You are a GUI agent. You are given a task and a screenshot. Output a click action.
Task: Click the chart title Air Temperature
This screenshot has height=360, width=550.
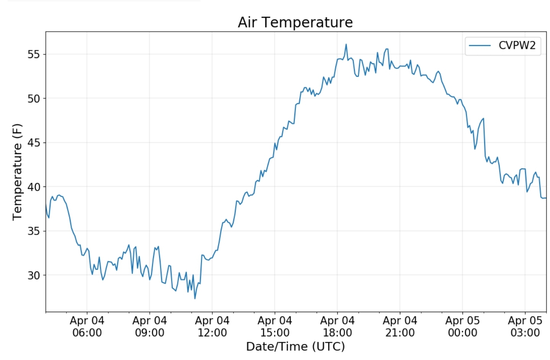click(x=295, y=22)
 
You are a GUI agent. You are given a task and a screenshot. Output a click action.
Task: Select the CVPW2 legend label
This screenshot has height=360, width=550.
click(x=517, y=45)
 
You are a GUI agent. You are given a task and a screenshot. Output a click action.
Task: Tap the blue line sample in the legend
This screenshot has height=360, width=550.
click(x=480, y=45)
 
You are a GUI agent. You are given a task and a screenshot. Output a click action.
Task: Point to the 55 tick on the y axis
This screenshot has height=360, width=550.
click(x=34, y=54)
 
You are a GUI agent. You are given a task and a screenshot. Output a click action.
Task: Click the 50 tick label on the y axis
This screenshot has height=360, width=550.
click(x=34, y=99)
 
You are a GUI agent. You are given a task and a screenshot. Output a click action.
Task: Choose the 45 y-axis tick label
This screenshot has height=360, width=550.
click(x=34, y=143)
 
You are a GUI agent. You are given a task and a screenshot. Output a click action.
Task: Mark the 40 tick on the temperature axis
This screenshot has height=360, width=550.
click(x=34, y=187)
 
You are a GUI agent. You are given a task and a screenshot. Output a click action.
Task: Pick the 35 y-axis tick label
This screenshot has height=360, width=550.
click(x=34, y=231)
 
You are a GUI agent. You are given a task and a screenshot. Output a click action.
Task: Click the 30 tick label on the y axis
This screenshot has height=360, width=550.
click(x=34, y=275)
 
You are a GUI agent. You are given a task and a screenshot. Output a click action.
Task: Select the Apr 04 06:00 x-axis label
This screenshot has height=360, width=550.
click(x=87, y=326)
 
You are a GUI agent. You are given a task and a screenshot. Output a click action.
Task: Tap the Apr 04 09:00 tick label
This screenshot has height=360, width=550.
click(x=150, y=326)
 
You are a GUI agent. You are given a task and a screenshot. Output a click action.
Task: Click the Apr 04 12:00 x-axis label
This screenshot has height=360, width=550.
click(x=212, y=326)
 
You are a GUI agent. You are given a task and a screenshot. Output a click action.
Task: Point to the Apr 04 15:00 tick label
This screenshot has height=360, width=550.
click(x=275, y=326)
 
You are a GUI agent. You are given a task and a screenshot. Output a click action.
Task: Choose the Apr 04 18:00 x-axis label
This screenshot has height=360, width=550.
click(x=337, y=326)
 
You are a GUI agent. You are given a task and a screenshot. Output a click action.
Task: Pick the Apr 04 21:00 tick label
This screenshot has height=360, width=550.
click(x=400, y=326)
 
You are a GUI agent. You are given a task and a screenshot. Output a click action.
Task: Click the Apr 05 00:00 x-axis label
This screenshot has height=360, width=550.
click(x=463, y=326)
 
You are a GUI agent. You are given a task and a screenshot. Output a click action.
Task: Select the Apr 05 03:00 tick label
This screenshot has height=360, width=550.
click(x=525, y=326)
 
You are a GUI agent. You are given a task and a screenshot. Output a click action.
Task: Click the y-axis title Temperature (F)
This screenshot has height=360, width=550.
click(x=17, y=172)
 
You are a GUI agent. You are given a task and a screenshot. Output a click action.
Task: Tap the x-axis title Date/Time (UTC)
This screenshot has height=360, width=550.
click(x=295, y=346)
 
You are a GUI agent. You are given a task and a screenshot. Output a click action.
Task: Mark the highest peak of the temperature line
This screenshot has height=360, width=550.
click(x=346, y=44)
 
